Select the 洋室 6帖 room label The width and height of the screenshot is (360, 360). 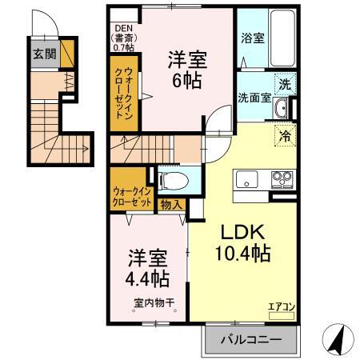(183, 70)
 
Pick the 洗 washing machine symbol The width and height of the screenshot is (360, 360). (284, 84)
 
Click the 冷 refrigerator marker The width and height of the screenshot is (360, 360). (284, 134)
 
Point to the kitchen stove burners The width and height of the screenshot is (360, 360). (280, 178)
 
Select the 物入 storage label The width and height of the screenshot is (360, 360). (171, 206)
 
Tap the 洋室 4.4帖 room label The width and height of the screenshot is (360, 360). (146, 270)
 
